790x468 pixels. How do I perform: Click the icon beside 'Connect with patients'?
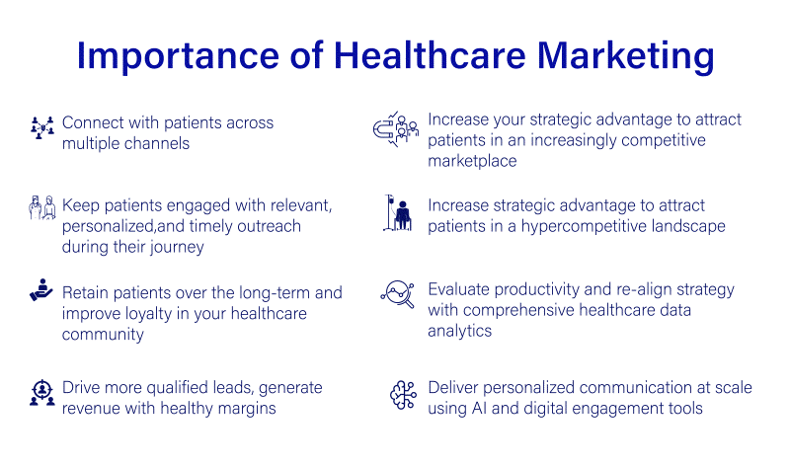[41, 126]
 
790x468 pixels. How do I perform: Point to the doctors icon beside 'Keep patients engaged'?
[42, 208]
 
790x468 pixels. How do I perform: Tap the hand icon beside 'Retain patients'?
[41, 291]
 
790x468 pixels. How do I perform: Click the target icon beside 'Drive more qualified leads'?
[41, 395]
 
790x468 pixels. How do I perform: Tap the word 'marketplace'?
[472, 161]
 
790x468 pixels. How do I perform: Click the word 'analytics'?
[460, 332]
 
